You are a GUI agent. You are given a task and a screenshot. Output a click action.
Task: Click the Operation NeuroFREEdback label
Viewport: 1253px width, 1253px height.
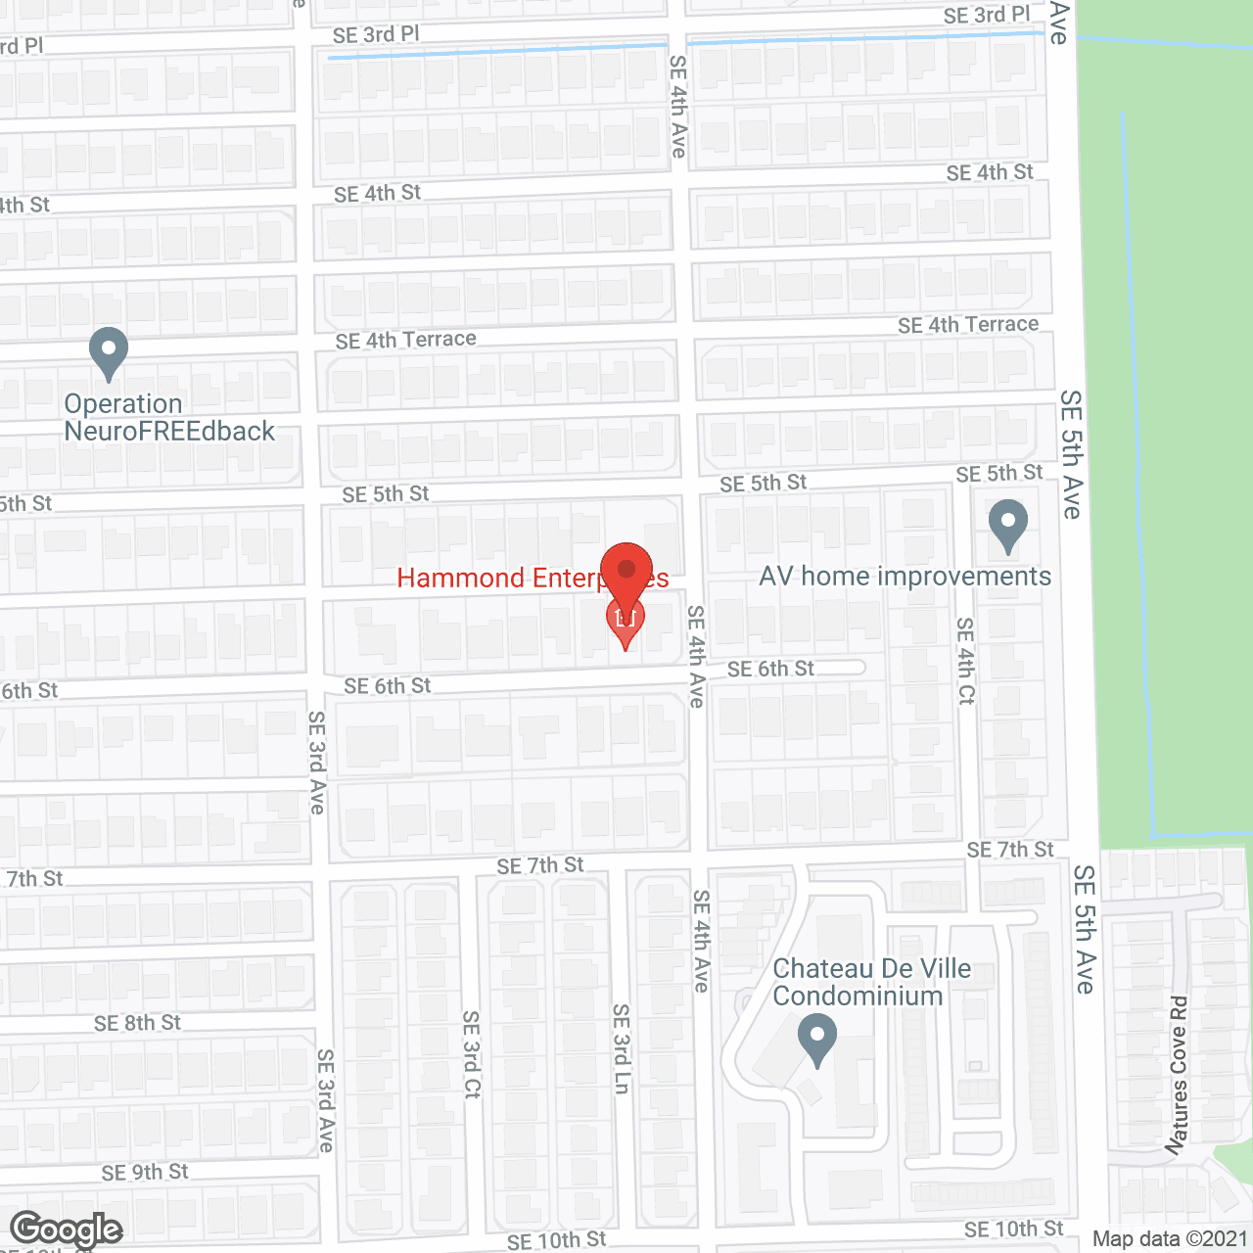click(168, 418)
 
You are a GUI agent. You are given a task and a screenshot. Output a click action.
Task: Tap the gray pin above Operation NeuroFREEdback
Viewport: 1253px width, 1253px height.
click(108, 351)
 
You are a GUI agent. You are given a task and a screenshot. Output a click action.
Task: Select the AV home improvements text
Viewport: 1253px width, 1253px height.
click(905, 577)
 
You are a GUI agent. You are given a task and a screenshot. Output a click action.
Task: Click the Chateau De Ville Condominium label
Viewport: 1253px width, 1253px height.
click(871, 982)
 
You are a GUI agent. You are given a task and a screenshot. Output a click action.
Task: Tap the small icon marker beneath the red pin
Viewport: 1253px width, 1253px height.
click(626, 620)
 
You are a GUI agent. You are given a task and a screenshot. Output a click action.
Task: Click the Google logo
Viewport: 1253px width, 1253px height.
click(66, 1230)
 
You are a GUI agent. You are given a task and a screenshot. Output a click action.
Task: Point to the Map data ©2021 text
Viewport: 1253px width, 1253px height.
click(1170, 1239)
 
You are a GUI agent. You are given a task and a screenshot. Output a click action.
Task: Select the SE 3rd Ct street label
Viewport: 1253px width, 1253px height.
click(472, 1054)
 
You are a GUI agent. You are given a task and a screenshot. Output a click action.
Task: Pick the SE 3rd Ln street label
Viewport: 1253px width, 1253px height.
click(621, 1047)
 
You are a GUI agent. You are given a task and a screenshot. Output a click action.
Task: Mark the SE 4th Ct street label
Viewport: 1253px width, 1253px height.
click(966, 660)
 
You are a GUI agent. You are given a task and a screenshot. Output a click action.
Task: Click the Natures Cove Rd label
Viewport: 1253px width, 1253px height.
click(1178, 1074)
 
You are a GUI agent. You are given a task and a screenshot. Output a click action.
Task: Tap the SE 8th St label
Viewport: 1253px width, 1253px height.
click(137, 1023)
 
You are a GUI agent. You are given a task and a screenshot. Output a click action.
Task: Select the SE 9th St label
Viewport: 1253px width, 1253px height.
click(145, 1172)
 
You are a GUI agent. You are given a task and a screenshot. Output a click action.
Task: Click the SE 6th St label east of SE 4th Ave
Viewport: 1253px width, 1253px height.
click(770, 669)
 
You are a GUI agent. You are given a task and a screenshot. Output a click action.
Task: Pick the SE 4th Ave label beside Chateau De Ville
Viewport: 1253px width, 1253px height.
click(701, 941)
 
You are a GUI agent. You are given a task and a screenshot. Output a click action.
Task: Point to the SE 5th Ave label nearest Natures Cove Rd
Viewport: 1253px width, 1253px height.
click(1085, 929)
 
